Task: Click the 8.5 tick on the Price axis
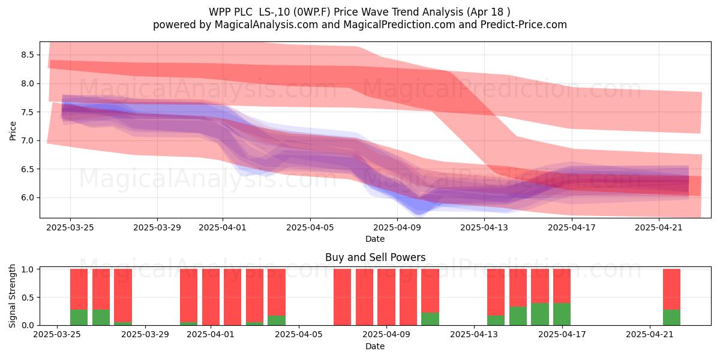point(28,55)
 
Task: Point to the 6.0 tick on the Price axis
point(28,197)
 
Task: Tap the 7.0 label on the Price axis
point(28,141)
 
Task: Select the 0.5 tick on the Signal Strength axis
point(28,298)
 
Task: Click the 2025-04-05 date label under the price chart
point(310,227)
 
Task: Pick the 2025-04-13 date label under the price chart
point(484,227)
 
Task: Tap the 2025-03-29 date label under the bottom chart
point(145,334)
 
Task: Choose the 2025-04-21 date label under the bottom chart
point(650,334)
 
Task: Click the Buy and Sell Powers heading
point(375,257)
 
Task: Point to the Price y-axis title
point(13,131)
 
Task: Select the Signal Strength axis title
point(12,296)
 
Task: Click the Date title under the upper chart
point(375,239)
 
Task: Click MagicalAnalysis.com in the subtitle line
point(266,25)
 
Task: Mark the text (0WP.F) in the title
point(313,12)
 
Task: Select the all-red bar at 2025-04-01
point(211,297)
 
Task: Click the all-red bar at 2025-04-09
point(386,297)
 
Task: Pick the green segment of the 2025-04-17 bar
point(562,314)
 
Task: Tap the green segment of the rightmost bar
point(672,317)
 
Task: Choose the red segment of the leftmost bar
point(79,289)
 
